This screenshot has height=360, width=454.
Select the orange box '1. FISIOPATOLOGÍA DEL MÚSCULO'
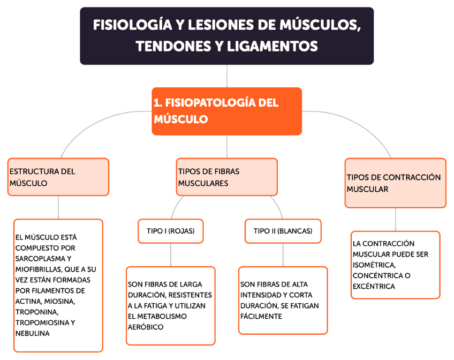pos(227,111)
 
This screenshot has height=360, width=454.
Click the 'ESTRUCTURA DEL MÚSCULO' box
pos(58,177)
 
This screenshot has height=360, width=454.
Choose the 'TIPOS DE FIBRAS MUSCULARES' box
pos(227,177)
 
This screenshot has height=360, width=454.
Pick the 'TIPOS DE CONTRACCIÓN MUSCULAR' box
pos(395,183)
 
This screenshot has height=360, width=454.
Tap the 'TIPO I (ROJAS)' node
pos(170,231)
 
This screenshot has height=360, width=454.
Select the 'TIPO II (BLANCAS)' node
pos(283,231)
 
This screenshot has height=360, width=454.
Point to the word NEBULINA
pos(33,333)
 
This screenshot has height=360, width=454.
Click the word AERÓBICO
pos(146,327)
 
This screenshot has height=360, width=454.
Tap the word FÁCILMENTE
pos(261,316)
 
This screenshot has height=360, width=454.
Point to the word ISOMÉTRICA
pos(374,265)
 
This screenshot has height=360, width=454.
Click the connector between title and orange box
pos(227,76)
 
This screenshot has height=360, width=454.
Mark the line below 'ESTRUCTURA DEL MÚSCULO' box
pos(58,207)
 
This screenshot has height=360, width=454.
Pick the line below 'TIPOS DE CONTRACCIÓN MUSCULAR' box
pos(396,220)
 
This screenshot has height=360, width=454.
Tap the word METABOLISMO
pos(158,316)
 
